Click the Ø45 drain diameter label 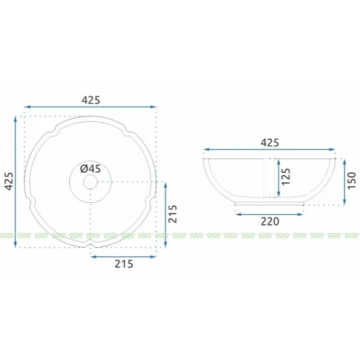91,169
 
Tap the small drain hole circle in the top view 90,182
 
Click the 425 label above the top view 91,100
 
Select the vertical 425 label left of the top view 10,181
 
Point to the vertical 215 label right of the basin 173,214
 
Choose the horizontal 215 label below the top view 124,264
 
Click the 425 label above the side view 270,143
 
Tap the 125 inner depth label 286,177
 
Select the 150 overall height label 352,181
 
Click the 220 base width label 270,221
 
